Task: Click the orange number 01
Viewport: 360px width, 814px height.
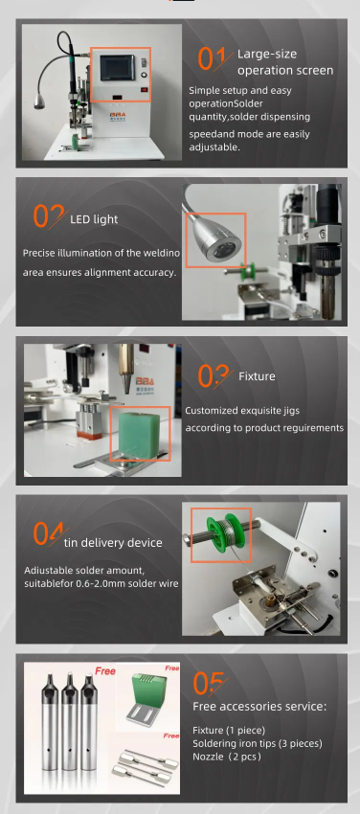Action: click(212, 58)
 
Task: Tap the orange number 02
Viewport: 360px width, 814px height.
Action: click(49, 216)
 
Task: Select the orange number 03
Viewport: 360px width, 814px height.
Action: click(214, 376)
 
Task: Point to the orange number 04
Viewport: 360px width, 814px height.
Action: click(49, 533)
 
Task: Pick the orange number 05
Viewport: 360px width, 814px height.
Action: click(209, 683)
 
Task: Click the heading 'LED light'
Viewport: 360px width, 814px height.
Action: click(94, 219)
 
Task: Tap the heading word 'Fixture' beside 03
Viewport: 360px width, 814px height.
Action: click(257, 375)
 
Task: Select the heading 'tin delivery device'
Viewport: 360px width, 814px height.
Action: click(113, 543)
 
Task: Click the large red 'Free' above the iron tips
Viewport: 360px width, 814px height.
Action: click(105, 671)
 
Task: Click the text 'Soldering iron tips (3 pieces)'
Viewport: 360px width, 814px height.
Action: click(258, 743)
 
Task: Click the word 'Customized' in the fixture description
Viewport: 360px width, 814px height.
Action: click(212, 411)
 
